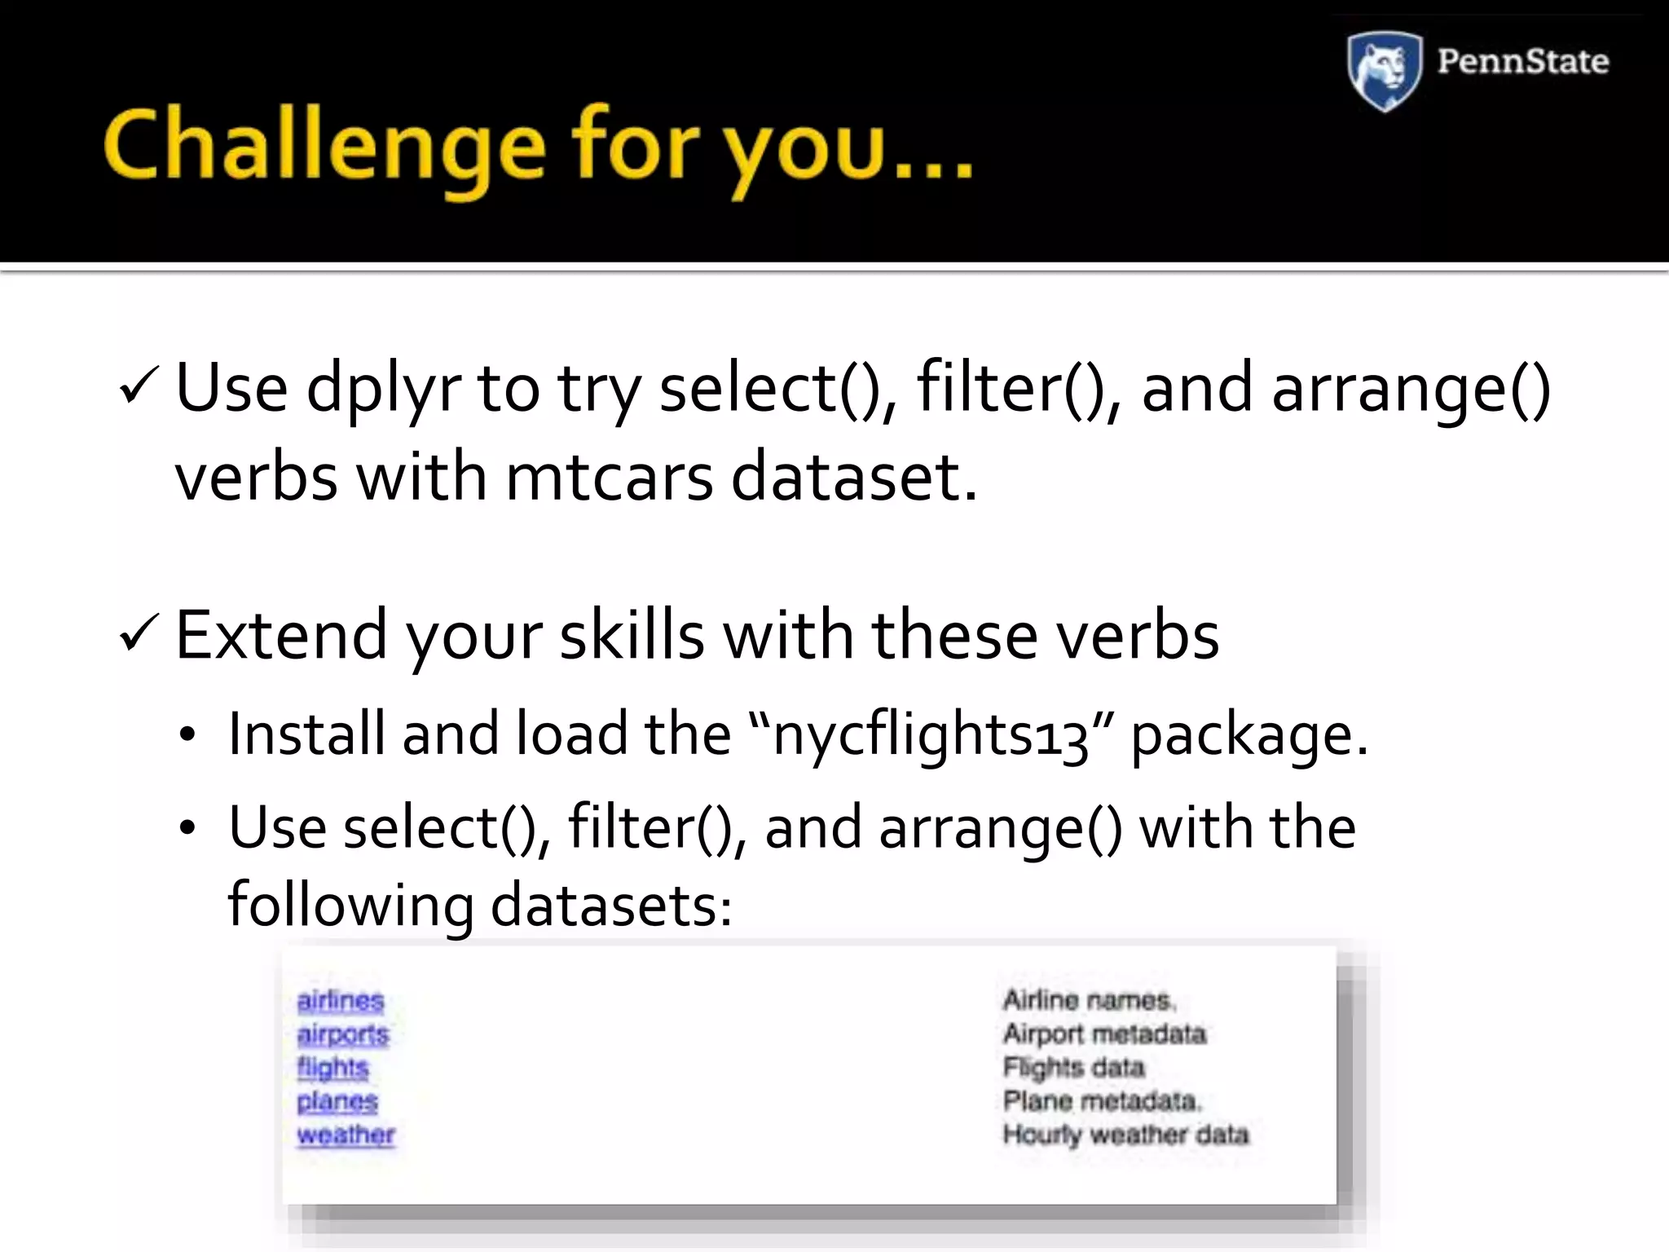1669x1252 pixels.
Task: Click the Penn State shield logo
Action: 1385,70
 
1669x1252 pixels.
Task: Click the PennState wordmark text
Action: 1522,62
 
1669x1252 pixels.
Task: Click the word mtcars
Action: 609,477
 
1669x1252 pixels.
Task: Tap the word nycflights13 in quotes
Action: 930,735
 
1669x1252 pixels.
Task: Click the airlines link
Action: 341,1000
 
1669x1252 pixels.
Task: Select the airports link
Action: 343,1034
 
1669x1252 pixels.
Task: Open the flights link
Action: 332,1068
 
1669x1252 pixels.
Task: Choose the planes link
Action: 337,1101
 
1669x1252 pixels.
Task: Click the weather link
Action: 346,1135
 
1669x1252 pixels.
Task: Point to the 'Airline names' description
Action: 1089,1000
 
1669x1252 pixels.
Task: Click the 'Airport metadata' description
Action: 1104,1034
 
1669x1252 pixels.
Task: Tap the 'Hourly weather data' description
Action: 1125,1135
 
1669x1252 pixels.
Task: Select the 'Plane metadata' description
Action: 1102,1101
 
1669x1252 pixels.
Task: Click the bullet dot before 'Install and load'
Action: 187,735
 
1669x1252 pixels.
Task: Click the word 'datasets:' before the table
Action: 611,906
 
